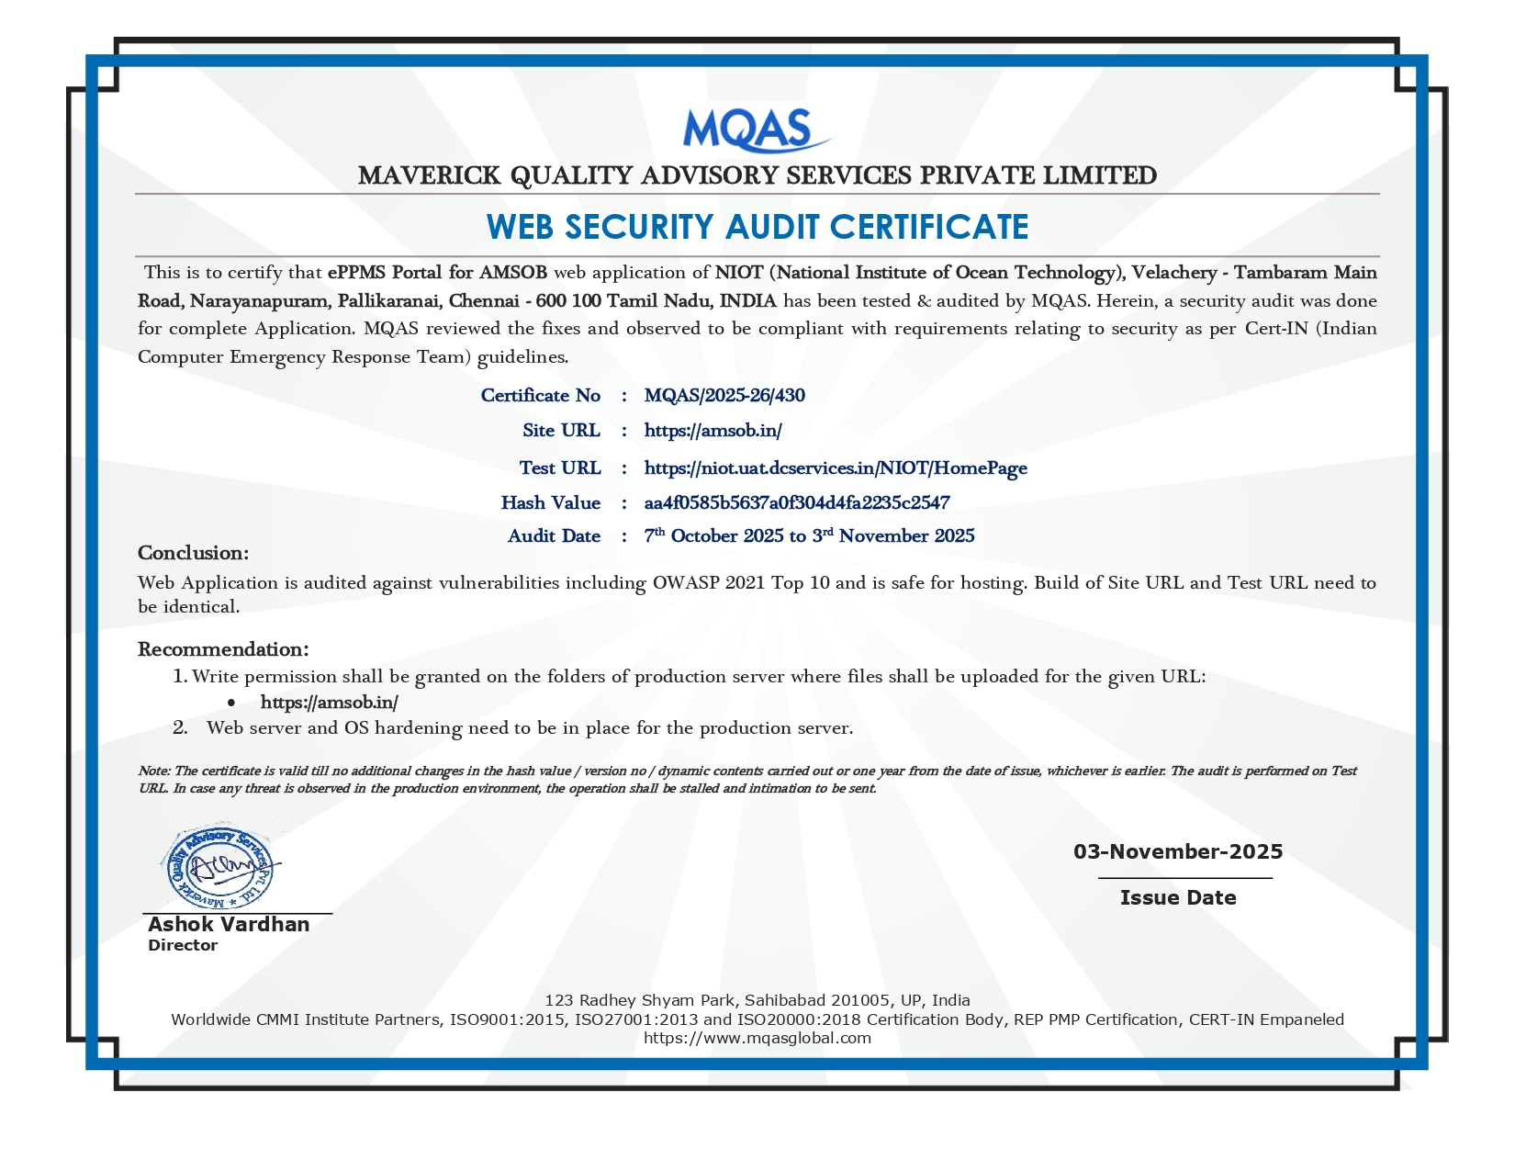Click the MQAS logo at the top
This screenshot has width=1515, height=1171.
pyautogui.click(x=756, y=130)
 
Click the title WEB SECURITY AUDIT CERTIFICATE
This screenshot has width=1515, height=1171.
pyautogui.click(x=757, y=227)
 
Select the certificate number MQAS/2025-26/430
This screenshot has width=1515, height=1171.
pyautogui.click(x=724, y=396)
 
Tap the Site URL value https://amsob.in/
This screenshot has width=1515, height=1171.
pyautogui.click(x=713, y=431)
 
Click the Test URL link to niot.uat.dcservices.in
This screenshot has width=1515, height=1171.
pyautogui.click(x=836, y=468)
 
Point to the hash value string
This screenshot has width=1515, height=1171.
pyautogui.click(x=797, y=503)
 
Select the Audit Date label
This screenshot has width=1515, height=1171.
pyautogui.click(x=554, y=536)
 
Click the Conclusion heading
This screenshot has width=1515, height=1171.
pyautogui.click(x=194, y=553)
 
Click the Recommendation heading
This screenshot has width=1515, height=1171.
pyautogui.click(x=223, y=649)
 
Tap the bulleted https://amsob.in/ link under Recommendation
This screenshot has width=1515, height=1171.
pyautogui.click(x=329, y=703)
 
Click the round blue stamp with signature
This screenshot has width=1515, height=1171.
pyautogui.click(x=220, y=866)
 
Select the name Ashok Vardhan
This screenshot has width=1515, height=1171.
pyautogui.click(x=229, y=924)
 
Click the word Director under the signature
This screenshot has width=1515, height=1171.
pyautogui.click(x=183, y=945)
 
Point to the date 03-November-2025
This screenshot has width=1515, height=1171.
pyautogui.click(x=1178, y=851)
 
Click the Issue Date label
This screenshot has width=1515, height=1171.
pyautogui.click(x=1178, y=897)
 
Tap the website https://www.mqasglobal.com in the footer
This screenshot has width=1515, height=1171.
pyautogui.click(x=757, y=1038)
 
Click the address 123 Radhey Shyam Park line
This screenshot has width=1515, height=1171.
pyautogui.click(x=757, y=1000)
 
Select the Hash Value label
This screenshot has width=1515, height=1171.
pyautogui.click(x=550, y=503)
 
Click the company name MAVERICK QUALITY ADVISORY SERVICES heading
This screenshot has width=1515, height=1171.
pyautogui.click(x=757, y=175)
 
